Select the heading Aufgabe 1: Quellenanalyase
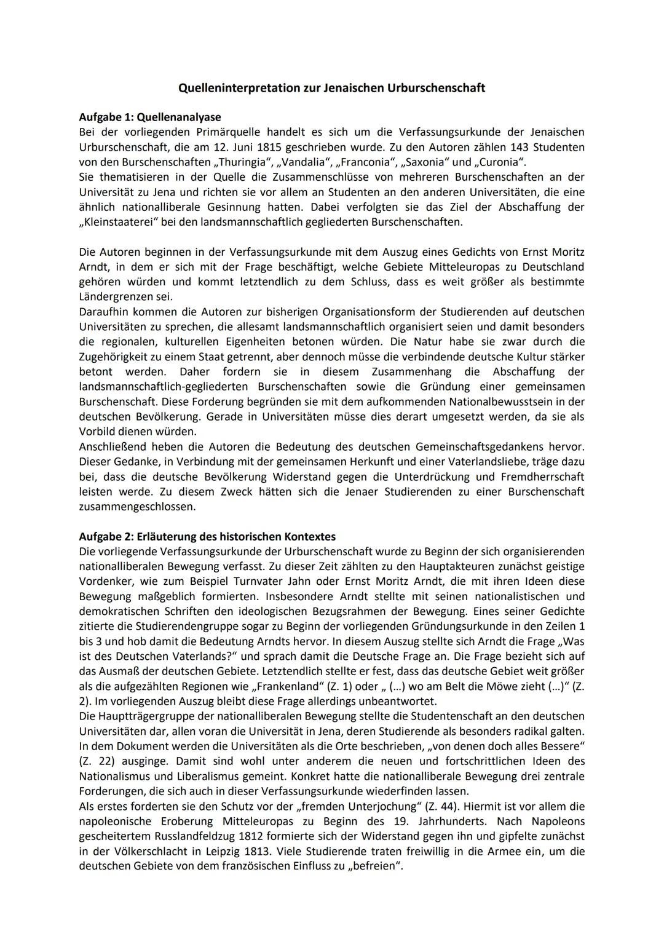150,117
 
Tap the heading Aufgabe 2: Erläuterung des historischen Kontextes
207,536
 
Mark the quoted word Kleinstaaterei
121,222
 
